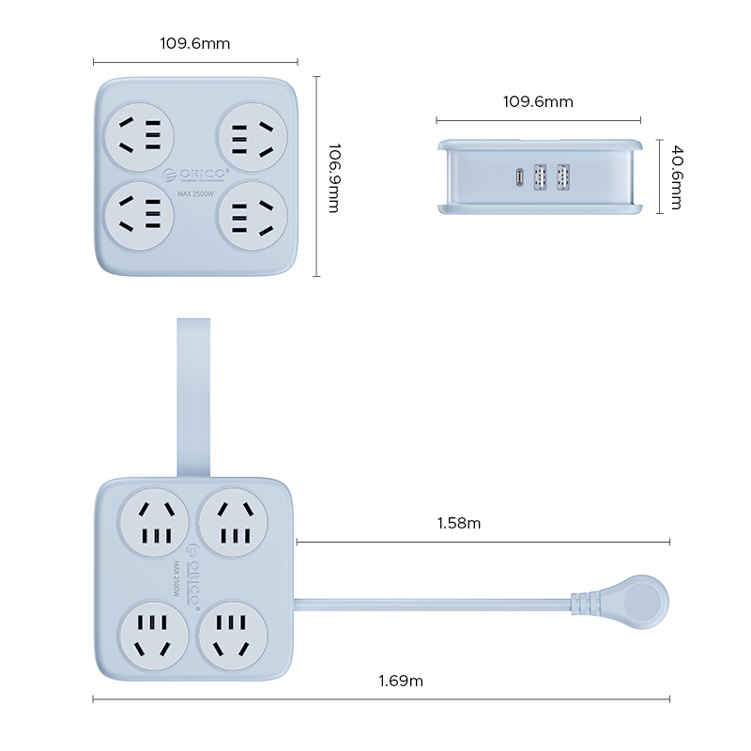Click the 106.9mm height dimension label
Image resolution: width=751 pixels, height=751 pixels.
point(331,178)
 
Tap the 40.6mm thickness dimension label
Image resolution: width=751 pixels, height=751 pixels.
point(674,176)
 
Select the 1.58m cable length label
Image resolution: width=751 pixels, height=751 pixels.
point(459,523)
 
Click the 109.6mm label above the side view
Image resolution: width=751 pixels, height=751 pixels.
point(538,101)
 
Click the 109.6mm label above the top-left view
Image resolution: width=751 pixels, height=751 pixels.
point(195,43)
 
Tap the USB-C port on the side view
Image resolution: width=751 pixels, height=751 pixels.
point(519,176)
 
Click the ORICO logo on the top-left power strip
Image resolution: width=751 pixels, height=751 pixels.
point(196,174)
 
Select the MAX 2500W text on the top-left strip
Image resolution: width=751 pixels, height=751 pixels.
point(196,193)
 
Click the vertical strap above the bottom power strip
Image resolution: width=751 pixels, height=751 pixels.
point(193,394)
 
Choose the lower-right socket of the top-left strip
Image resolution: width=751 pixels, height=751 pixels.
point(252,215)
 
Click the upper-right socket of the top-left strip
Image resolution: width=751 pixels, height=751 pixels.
point(252,136)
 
